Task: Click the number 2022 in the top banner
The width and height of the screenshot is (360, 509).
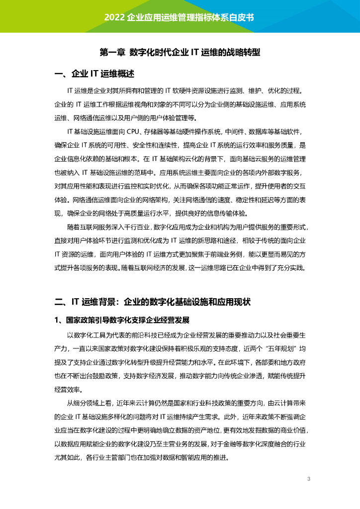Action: point(114,16)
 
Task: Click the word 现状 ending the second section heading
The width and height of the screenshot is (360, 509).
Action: point(244,302)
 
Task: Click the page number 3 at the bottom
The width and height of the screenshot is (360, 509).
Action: point(309,479)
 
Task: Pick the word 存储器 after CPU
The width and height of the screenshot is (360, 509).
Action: point(156,132)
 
